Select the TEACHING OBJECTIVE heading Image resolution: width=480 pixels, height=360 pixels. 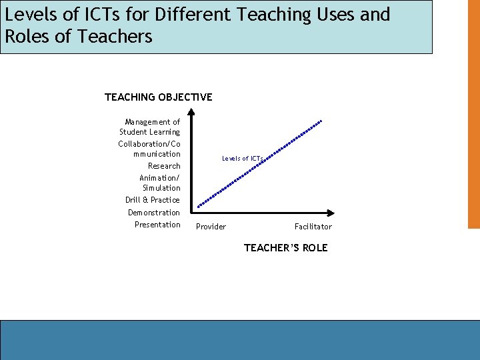[159, 97]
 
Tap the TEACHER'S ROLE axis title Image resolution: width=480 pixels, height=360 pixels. [285, 248]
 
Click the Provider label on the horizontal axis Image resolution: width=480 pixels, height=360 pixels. [211, 227]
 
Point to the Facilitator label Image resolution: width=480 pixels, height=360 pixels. [313, 227]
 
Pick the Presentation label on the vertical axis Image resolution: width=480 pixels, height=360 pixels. [157, 225]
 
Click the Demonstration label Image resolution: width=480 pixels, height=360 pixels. [154, 213]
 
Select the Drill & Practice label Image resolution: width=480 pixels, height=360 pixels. [153, 200]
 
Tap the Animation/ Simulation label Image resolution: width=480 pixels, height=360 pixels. [160, 183]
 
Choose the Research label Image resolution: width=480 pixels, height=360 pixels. [164, 166]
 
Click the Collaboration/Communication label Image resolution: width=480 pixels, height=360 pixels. [149, 149]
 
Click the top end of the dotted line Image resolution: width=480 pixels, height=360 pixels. [321, 121]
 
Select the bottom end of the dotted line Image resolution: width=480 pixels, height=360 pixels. [199, 207]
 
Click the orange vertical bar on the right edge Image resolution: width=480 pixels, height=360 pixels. [473, 113]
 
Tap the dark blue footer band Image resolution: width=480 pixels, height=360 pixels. [240, 340]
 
